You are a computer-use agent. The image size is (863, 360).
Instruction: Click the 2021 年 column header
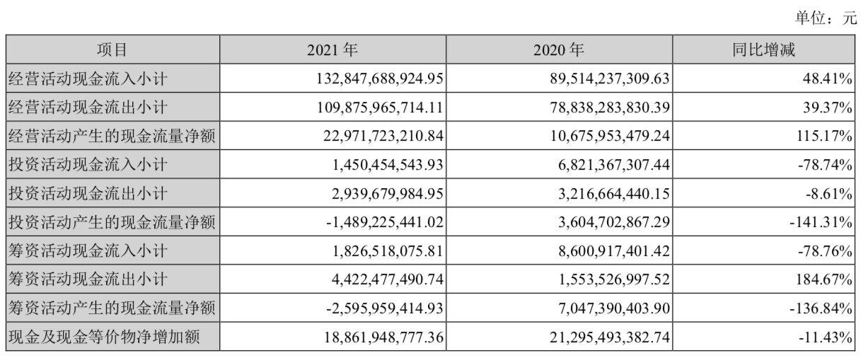click(332, 50)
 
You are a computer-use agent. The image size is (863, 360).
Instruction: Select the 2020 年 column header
click(559, 50)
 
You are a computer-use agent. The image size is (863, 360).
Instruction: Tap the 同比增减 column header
click(763, 50)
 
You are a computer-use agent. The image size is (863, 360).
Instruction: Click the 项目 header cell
click(112, 50)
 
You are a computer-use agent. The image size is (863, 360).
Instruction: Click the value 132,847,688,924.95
click(379, 79)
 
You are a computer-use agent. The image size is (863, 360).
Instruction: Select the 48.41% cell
click(827, 79)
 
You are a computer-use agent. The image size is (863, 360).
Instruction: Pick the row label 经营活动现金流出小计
click(88, 107)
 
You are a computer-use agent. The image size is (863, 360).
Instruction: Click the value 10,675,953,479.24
click(610, 136)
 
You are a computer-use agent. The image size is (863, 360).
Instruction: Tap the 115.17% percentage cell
click(824, 136)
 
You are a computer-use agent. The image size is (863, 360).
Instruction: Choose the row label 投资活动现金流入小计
click(88, 165)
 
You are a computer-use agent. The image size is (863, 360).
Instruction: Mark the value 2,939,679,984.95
click(388, 193)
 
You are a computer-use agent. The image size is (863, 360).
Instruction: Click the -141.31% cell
click(821, 222)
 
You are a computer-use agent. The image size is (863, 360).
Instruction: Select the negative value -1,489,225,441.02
click(385, 222)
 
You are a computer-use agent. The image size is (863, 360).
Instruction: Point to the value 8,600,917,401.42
click(614, 251)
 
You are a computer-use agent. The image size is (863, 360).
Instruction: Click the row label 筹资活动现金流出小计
click(88, 279)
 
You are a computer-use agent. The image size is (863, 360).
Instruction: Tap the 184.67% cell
click(824, 279)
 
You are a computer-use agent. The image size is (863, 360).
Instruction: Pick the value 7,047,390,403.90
click(614, 308)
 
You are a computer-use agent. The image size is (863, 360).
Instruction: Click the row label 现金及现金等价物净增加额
click(104, 337)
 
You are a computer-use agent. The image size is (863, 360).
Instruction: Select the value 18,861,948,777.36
click(383, 337)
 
